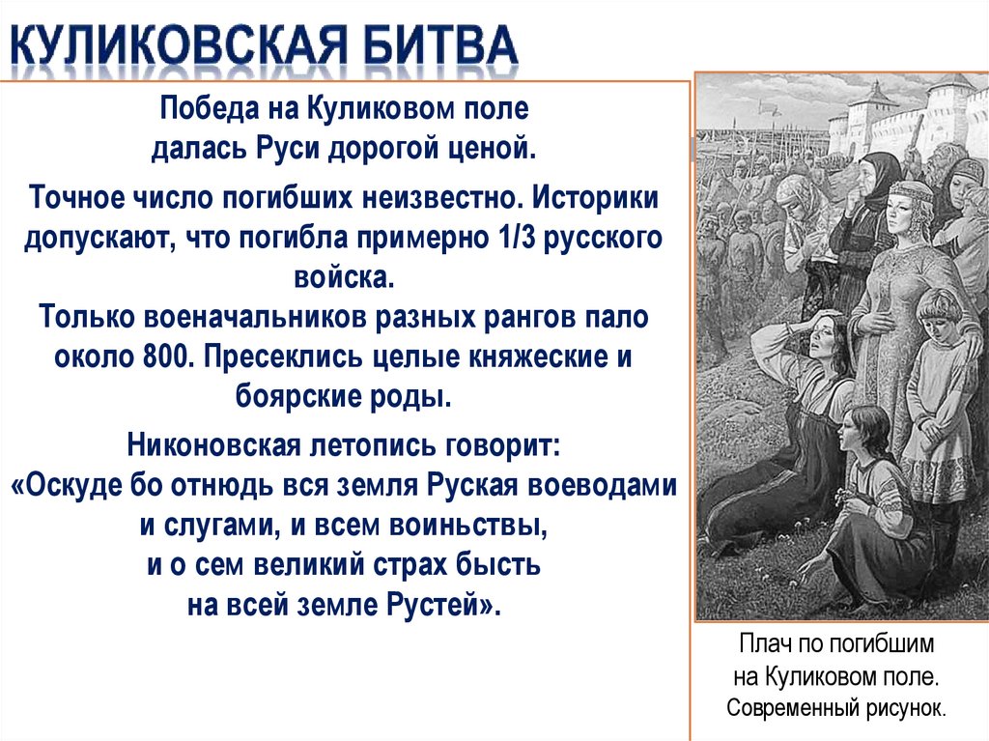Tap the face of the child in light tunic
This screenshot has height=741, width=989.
click(x=934, y=315)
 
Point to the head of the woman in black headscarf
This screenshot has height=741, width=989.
click(x=881, y=175)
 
